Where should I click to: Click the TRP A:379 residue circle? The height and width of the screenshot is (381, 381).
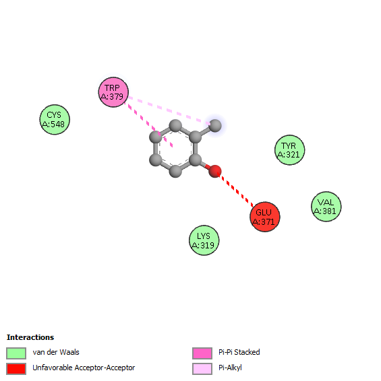[113, 92]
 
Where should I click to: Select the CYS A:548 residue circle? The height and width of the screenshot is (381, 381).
[55, 120]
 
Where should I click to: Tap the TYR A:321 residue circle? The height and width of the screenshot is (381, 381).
[290, 150]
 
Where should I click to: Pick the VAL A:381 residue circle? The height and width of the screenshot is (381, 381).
[326, 207]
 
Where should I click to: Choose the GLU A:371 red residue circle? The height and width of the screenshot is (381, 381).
[265, 217]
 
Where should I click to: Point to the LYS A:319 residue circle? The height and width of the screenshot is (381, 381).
[204, 240]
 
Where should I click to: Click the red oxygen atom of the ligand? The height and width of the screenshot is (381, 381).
[215, 171]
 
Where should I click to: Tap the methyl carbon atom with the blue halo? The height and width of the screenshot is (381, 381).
[215, 125]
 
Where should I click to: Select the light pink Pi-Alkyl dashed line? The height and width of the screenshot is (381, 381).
[169, 111]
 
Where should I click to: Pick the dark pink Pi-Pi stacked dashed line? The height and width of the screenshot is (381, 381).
[148, 125]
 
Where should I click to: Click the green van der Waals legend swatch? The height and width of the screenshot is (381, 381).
[16, 353]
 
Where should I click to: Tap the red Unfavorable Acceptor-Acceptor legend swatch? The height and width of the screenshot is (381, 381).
[16, 369]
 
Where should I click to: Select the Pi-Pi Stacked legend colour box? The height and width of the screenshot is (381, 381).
[202, 353]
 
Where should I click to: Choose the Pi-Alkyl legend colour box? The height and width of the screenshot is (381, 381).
[202, 369]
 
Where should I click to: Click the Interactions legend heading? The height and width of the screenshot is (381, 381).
[30, 337]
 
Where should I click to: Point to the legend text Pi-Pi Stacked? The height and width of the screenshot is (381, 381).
[239, 352]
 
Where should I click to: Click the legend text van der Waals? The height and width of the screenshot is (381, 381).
[56, 352]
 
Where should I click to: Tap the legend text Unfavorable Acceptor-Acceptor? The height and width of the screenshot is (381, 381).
[84, 368]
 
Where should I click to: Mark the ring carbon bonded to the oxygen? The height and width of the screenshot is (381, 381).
[196, 160]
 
